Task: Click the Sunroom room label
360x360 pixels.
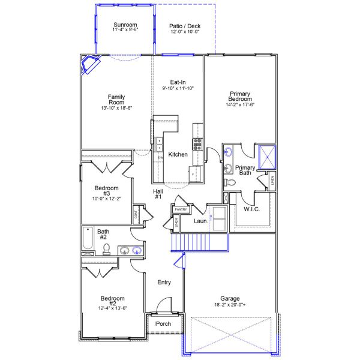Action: point(125,25)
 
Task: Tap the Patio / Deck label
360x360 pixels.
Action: point(184,26)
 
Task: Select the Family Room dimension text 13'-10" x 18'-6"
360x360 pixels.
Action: point(116,108)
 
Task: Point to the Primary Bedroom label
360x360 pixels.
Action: point(239,96)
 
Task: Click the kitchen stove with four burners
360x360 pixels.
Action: point(197,143)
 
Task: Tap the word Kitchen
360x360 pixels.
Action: point(178,155)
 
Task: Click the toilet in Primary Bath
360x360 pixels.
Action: point(229,182)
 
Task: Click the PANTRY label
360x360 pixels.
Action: point(181,209)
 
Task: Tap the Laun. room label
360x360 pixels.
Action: point(201,221)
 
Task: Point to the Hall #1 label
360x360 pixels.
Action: point(158,194)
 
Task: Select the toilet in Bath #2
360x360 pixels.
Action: point(107,248)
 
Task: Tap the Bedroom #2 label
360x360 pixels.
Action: point(112,298)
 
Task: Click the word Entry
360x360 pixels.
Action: point(164,282)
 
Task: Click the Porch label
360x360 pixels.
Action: point(163,324)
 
